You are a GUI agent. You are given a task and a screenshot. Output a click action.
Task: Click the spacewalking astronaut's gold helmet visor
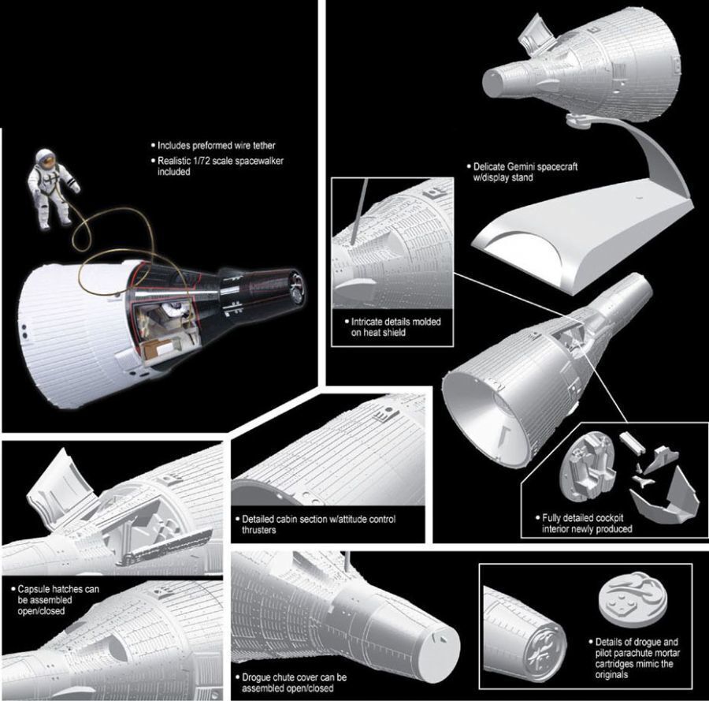pyautogui.click(x=45, y=158)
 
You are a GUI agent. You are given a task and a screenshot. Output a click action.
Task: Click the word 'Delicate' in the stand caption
pyautogui.click(x=489, y=166)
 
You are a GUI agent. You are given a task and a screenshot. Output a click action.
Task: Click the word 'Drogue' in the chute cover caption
pyautogui.click(x=258, y=677)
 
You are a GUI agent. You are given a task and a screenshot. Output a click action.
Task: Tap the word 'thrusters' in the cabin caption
pyautogui.click(x=258, y=530)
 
